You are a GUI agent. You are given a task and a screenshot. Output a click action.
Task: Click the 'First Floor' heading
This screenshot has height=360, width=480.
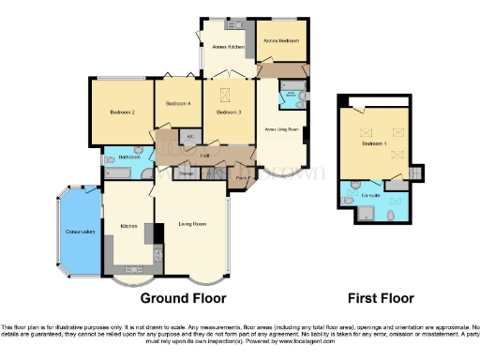tap(381, 298)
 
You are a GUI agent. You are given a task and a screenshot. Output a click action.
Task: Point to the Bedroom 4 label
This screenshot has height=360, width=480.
tap(178, 104)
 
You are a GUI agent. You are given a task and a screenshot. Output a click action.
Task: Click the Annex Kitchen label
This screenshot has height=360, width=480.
tap(227, 46)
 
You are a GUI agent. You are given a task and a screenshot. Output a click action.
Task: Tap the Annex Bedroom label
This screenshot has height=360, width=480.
tap(281, 41)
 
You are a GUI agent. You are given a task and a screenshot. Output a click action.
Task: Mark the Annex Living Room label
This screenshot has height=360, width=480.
tap(281, 128)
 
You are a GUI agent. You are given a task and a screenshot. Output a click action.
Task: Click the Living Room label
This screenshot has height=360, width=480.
tap(192, 224)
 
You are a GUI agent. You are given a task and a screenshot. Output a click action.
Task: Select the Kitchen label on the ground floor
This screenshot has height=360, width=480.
tap(129, 225)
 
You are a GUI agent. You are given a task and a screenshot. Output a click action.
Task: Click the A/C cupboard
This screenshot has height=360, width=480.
tap(191, 137)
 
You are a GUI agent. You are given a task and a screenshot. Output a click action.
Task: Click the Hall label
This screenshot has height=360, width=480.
tap(203, 156)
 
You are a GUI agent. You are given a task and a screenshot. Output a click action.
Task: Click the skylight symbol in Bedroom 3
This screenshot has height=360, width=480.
tap(226, 95)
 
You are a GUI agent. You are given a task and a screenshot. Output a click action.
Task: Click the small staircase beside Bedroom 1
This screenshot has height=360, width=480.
tap(418, 173)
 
